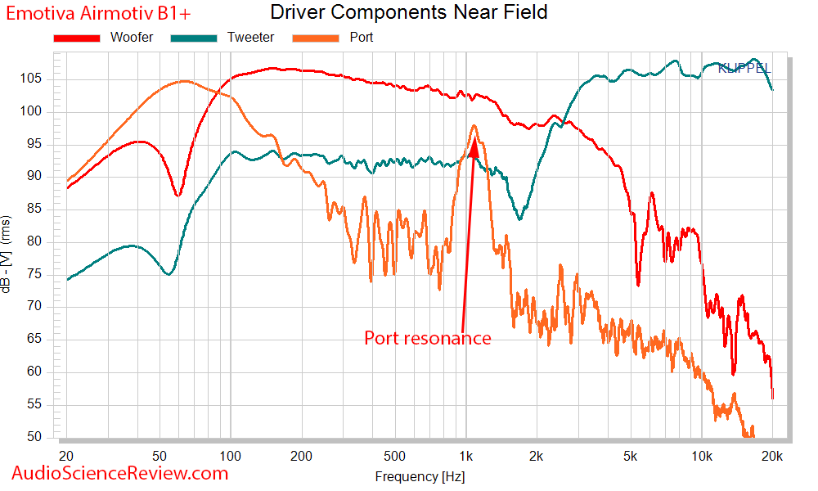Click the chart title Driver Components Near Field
(x=408, y=13)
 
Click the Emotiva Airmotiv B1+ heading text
(x=97, y=13)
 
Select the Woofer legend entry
(x=132, y=38)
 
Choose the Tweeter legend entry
(x=250, y=38)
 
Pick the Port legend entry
(x=361, y=38)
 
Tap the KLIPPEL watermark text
(x=744, y=69)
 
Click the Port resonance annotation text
(x=427, y=338)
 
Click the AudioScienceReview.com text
(x=120, y=472)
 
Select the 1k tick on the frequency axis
(x=465, y=455)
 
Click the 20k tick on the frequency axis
(x=773, y=455)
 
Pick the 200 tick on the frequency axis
(x=301, y=455)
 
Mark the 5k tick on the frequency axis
(x=630, y=455)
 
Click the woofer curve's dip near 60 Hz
(x=178, y=196)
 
